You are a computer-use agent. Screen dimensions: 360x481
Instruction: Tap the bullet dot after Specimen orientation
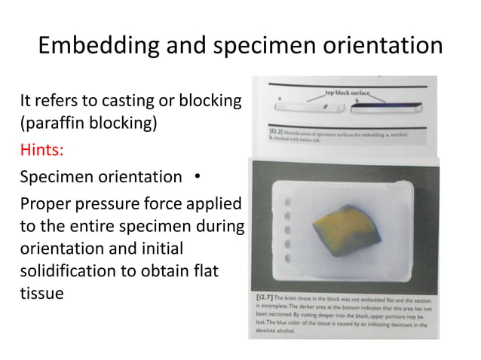click(195, 178)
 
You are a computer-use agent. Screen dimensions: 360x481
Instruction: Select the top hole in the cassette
click(287, 203)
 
